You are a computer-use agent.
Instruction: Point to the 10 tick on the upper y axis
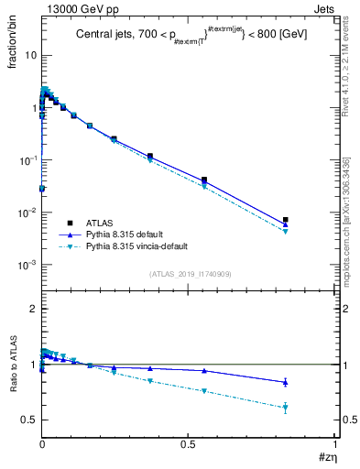tap(29, 55)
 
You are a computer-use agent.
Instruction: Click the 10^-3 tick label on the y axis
tap(27, 265)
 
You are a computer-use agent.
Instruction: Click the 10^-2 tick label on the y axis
tap(27, 213)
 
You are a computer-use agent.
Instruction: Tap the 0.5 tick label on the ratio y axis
tap(27, 420)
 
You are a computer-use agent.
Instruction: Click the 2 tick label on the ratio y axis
tap(33, 309)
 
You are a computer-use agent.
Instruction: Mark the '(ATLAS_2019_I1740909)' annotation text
tap(189, 274)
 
